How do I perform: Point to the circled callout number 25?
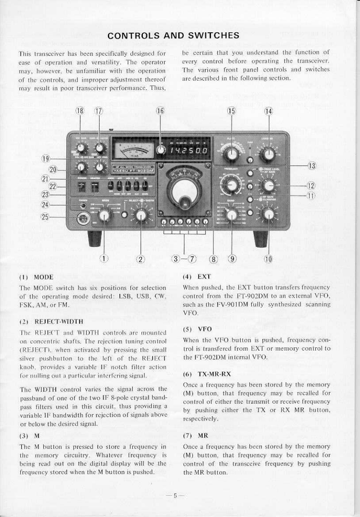[45, 217]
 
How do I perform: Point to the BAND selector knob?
[231, 215]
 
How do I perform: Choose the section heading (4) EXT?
[197, 276]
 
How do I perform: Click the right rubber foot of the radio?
[260, 239]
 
